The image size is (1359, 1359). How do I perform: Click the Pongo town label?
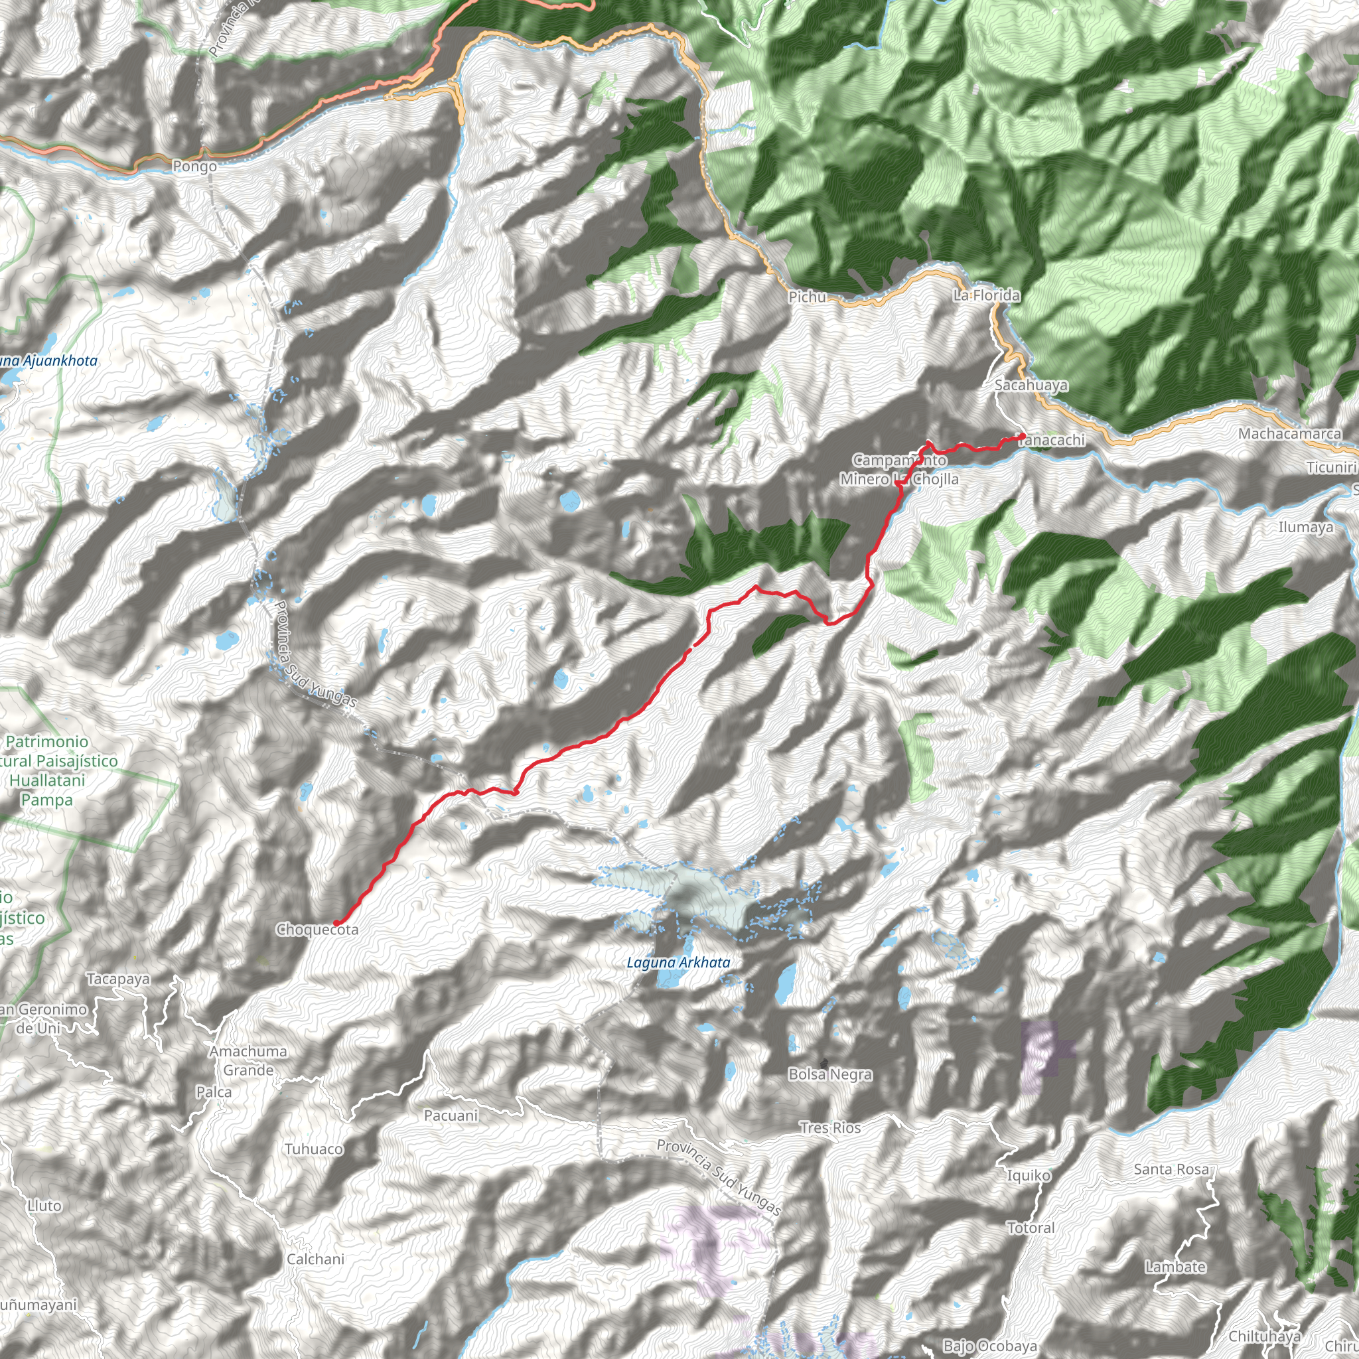[194, 167]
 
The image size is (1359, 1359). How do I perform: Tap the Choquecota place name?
[317, 930]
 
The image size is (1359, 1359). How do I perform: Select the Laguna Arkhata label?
[678, 962]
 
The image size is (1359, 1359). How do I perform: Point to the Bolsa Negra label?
[830, 1074]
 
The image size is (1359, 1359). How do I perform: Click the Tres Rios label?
[830, 1127]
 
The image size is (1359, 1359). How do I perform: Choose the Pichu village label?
[807, 297]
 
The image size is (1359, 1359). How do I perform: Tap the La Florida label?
[986, 295]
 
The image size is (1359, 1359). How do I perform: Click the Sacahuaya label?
[1031, 385]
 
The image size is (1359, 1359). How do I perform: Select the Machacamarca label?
[1289, 433]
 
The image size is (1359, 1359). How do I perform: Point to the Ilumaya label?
[1305, 527]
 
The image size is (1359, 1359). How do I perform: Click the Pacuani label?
[451, 1115]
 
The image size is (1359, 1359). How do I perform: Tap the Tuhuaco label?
[314, 1149]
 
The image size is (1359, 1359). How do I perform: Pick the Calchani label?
[315, 1258]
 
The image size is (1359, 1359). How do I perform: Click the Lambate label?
[1175, 1267]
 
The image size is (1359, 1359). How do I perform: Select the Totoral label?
[1031, 1228]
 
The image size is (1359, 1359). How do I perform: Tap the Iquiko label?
[1029, 1175]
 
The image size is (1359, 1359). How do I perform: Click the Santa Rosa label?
[1171, 1169]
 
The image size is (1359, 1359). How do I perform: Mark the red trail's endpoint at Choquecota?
[336, 922]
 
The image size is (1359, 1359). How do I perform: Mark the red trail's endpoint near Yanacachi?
[1022, 437]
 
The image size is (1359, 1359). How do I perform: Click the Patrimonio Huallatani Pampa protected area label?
[47, 770]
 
